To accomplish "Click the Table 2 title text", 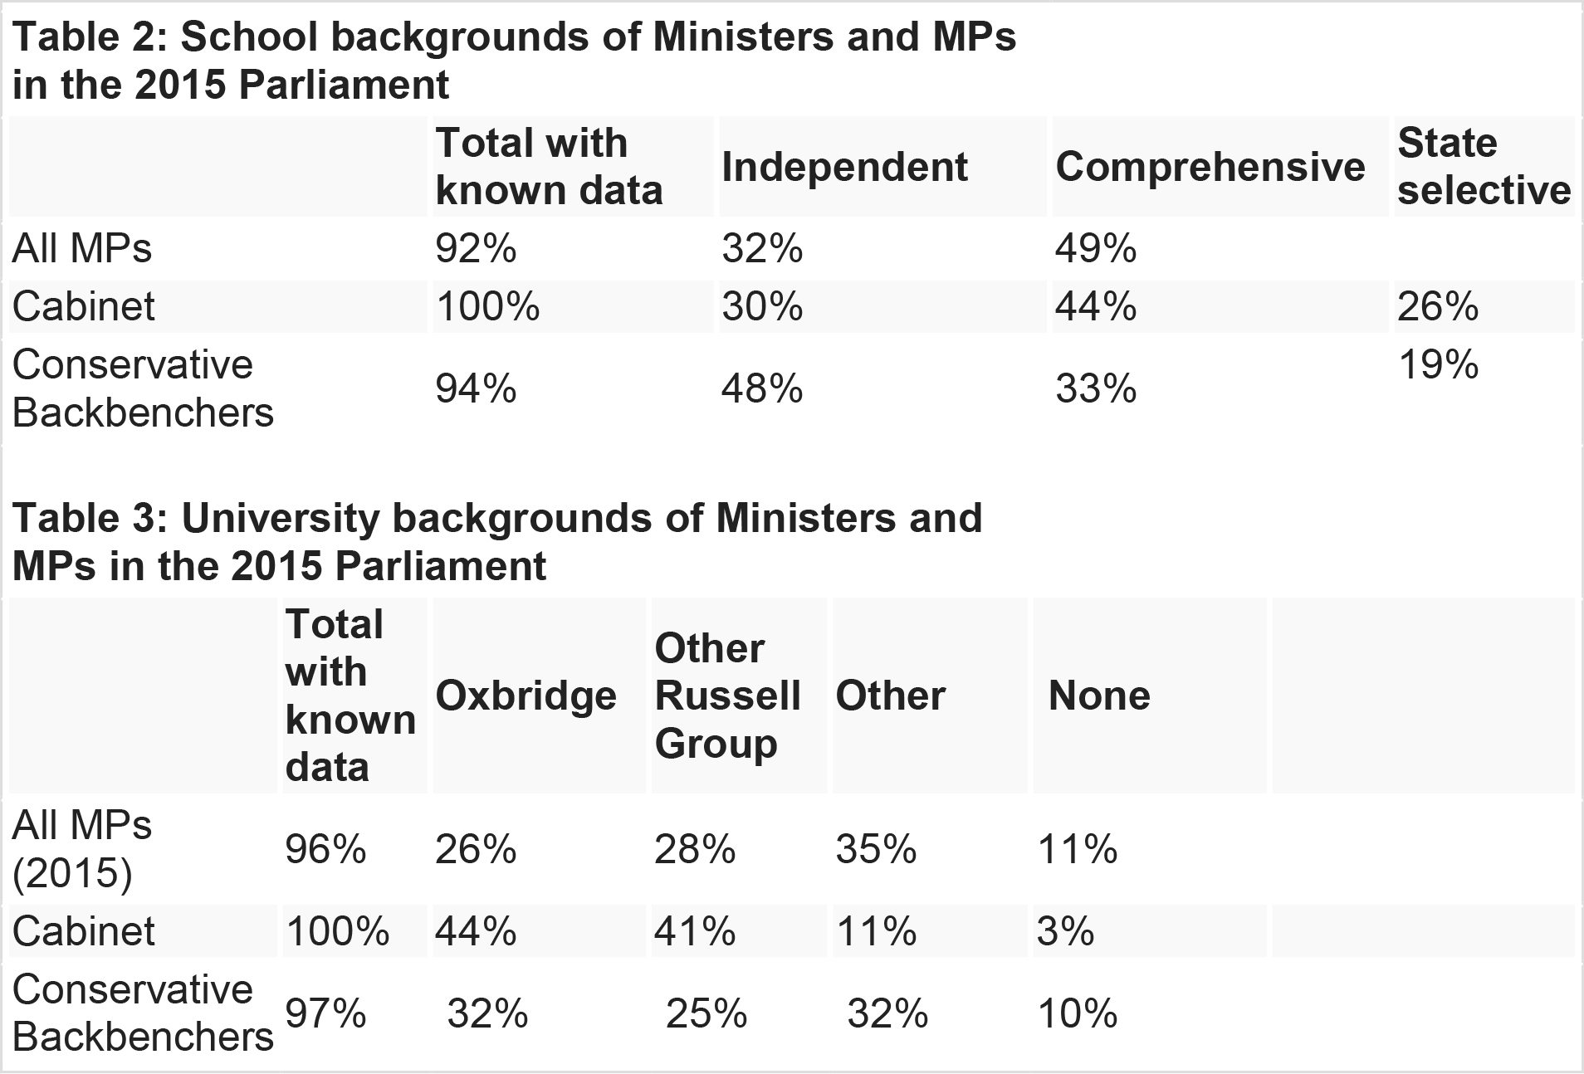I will click(x=514, y=61).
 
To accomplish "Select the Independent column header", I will click(x=844, y=167).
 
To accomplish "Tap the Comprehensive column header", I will click(x=1210, y=167).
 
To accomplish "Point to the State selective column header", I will click(x=1484, y=167).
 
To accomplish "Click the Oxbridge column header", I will click(x=526, y=696).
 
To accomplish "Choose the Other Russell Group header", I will click(x=727, y=696).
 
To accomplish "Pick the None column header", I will click(x=1099, y=696).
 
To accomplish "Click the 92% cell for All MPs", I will click(x=476, y=249).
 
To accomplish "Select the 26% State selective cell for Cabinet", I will click(x=1438, y=307).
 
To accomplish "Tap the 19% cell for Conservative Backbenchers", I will click(x=1438, y=364).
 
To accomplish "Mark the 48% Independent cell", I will click(x=762, y=388).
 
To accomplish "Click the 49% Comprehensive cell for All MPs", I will click(x=1096, y=249).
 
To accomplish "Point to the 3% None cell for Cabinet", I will click(x=1065, y=931).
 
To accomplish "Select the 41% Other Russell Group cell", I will click(x=695, y=931).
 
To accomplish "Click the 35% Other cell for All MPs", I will click(x=876, y=849).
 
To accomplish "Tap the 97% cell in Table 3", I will click(x=325, y=1013).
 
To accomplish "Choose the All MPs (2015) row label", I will click(x=82, y=849).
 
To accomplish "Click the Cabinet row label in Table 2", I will click(x=83, y=307).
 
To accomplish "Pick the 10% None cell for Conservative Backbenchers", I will click(x=1077, y=1013).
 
